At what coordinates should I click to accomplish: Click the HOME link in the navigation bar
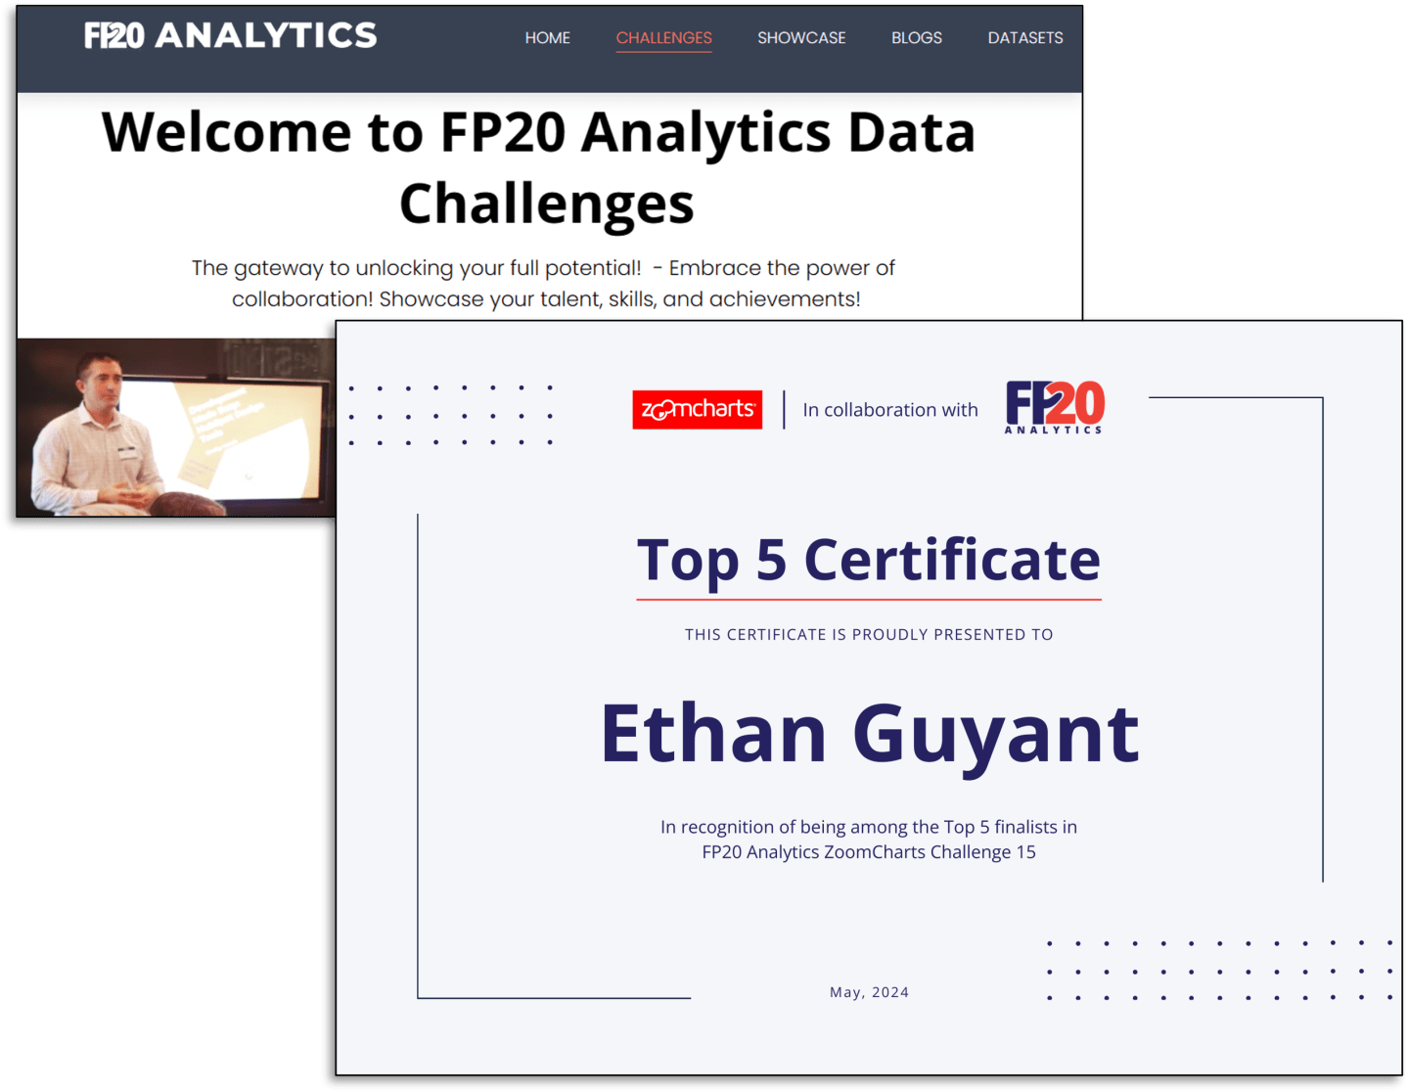point(547,38)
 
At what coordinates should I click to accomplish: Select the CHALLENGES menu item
point(663,38)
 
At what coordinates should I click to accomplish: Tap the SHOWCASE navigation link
point(801,38)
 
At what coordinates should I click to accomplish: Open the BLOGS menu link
point(916,38)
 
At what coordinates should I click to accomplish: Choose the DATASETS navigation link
point(1024,38)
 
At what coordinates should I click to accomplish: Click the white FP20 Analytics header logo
point(230,36)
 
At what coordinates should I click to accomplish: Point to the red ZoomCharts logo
point(697,409)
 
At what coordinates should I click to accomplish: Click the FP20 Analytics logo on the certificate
point(1055,406)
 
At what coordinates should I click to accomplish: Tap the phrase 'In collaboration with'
point(889,410)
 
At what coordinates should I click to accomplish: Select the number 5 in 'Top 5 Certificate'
point(771,560)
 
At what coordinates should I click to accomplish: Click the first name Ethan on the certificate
point(713,733)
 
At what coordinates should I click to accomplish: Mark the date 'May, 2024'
point(869,992)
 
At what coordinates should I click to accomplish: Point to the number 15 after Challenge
point(1025,852)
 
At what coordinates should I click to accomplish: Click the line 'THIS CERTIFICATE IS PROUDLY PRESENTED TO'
point(869,635)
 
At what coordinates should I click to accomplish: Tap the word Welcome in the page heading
point(226,132)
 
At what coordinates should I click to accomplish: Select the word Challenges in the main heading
point(546,204)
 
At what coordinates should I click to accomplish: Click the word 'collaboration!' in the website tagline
point(302,299)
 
